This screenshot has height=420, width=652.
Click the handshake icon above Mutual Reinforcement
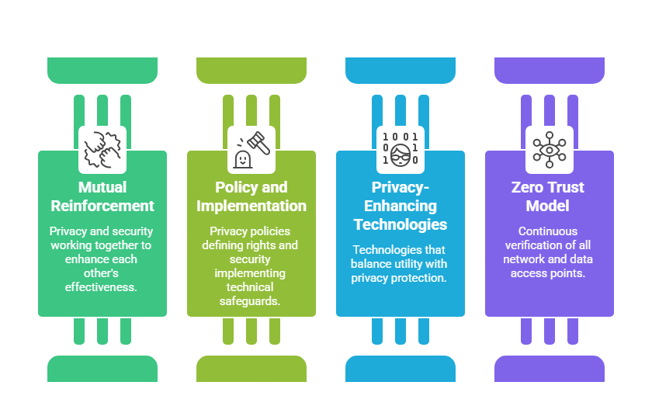[102, 149]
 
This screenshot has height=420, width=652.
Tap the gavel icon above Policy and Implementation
[251, 149]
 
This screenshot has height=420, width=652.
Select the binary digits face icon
[401, 149]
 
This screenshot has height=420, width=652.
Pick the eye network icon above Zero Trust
[550, 149]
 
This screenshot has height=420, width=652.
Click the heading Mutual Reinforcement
[102, 196]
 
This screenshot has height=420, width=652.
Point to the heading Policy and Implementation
[251, 196]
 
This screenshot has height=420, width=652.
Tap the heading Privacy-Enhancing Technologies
[401, 206]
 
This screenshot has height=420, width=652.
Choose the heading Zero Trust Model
[550, 196]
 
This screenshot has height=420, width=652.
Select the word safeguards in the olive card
[251, 300]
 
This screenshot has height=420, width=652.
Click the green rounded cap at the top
[102, 70]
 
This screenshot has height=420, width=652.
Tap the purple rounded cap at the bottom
[550, 369]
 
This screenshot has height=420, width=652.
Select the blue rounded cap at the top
[401, 70]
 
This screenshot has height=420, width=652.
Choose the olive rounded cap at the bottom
[251, 369]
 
